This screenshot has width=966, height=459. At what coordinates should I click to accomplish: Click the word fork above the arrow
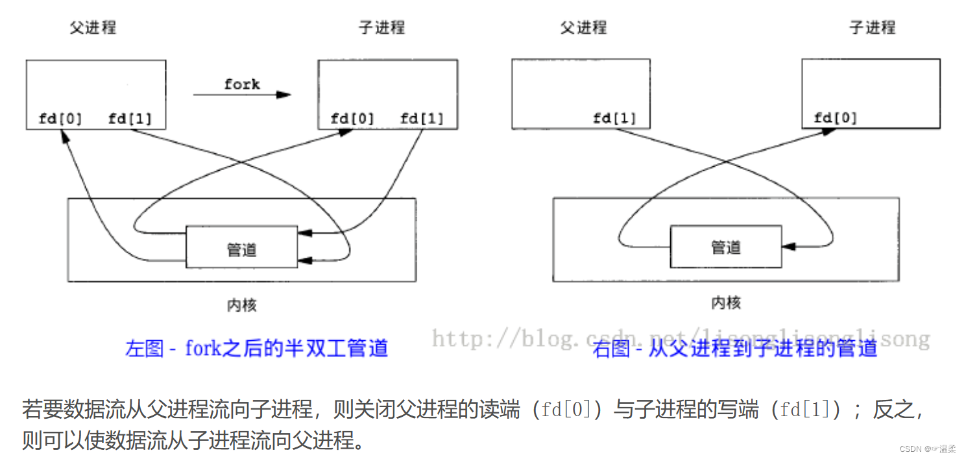pos(242,84)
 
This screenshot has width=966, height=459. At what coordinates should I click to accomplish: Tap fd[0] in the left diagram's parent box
pos(60,119)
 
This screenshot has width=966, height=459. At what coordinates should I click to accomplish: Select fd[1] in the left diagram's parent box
pos(130,119)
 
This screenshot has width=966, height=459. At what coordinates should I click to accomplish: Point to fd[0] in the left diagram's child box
pos(352,119)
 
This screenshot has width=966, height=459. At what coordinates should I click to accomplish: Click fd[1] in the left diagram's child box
pos(422,119)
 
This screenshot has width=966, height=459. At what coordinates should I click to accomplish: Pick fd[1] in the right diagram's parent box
pos(614,119)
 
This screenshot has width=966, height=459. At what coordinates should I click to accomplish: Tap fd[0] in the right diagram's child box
pos(835,118)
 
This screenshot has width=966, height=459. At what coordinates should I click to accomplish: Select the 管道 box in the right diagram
pos(725,247)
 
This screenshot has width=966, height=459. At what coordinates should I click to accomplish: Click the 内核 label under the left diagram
pos(241,305)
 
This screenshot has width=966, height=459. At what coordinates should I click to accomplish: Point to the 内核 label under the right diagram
pos(726,303)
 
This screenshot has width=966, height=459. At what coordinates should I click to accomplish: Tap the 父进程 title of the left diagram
pos(93,28)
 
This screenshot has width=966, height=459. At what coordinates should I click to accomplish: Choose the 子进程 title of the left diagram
pos(381,27)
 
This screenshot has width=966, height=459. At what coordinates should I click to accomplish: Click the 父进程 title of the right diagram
pos(583,27)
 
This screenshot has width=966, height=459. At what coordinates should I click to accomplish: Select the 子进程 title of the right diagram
pos(872,27)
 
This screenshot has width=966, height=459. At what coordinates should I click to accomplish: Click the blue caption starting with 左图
pos(257,349)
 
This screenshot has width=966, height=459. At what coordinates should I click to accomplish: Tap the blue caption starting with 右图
pos(734,349)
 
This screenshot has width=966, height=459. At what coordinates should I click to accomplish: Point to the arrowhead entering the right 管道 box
pos(788,247)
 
